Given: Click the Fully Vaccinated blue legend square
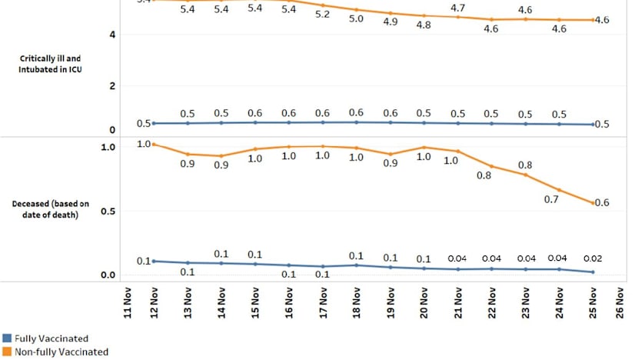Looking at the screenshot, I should [7, 338].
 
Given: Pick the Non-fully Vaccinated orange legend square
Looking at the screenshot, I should [7, 352].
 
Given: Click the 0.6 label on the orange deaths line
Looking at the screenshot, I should [602, 203].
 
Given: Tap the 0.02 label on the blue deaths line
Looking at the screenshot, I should [592, 258].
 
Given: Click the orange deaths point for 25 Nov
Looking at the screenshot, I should [592, 203].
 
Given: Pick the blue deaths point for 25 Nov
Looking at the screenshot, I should [592, 272].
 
